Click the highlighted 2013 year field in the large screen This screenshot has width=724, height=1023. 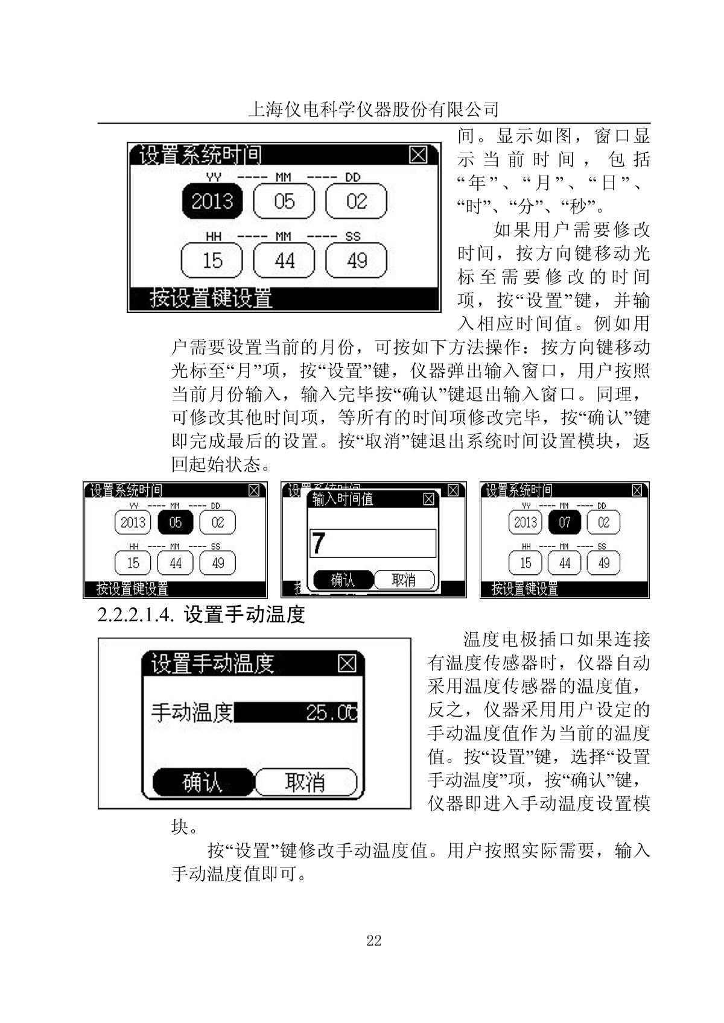[x=212, y=201]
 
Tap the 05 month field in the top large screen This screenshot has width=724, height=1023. [x=284, y=201]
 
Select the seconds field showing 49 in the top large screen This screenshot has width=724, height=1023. [x=356, y=261]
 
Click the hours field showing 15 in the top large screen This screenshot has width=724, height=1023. [x=212, y=261]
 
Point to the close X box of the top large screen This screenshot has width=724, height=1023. [x=418, y=155]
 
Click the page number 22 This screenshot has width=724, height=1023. [x=373, y=940]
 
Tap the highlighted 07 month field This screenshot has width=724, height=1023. [x=564, y=522]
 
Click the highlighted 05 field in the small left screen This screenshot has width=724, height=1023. [x=175, y=522]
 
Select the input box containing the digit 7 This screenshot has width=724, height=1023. [x=372, y=543]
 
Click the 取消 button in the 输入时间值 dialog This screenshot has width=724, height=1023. [x=404, y=580]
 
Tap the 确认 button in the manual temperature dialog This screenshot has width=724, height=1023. [x=202, y=783]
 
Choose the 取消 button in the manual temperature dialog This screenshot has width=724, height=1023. [x=305, y=783]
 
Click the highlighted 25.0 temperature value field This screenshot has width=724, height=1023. [x=296, y=713]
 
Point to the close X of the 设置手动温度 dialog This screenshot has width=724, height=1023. [x=347, y=664]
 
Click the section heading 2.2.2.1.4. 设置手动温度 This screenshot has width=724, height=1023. [x=202, y=615]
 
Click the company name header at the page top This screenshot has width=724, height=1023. [x=373, y=109]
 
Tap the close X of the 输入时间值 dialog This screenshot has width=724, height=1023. [x=428, y=499]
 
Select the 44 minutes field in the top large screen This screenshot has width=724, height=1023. [x=284, y=261]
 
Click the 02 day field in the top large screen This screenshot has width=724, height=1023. [x=356, y=201]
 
